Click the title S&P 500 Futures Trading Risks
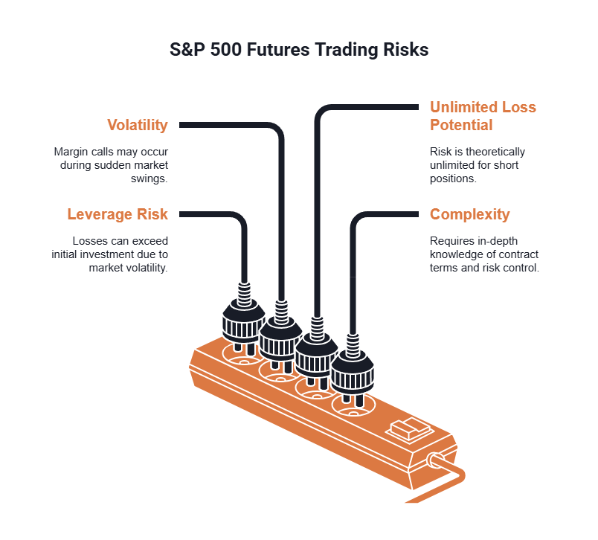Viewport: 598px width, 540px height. (x=299, y=51)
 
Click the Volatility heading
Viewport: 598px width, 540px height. (x=137, y=125)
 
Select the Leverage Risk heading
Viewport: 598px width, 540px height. (x=118, y=214)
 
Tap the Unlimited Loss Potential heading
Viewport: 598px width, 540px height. (x=483, y=115)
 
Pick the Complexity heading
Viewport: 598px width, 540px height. (x=469, y=214)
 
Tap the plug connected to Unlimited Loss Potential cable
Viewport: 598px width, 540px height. (x=316, y=353)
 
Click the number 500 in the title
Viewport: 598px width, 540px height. (x=224, y=51)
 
